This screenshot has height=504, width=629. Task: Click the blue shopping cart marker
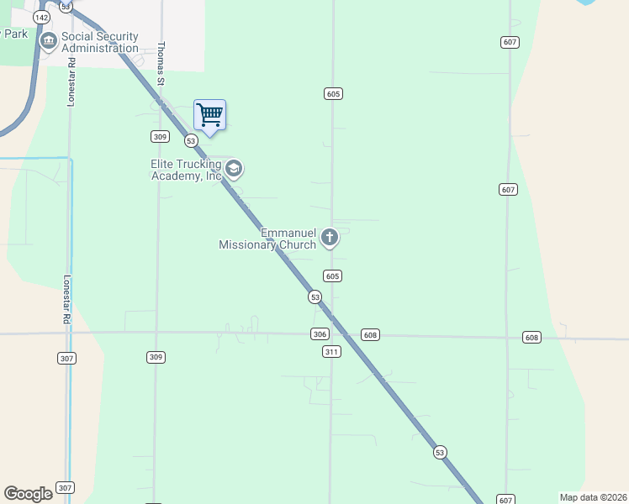(209, 115)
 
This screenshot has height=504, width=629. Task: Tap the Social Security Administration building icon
(48, 39)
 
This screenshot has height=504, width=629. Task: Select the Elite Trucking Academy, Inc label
(186, 170)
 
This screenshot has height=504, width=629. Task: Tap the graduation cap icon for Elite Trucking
(234, 170)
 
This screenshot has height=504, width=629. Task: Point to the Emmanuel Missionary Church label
(267, 239)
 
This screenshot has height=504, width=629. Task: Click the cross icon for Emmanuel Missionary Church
(330, 239)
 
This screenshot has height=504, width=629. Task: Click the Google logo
(28, 494)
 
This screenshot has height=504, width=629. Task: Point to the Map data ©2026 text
(592, 497)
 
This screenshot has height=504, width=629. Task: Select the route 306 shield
(319, 334)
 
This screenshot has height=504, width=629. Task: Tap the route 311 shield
(331, 351)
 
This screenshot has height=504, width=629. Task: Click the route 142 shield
(40, 17)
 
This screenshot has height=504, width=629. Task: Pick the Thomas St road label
(160, 63)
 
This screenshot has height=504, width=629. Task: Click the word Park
(14, 34)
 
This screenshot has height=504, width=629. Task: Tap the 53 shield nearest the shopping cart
(191, 140)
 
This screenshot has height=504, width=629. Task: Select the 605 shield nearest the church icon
(332, 276)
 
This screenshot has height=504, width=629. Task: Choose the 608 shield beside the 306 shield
(371, 335)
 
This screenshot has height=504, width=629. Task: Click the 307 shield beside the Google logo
(65, 488)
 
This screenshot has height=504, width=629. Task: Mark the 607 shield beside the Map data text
(505, 500)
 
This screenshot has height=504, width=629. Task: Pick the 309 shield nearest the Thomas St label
(160, 136)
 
